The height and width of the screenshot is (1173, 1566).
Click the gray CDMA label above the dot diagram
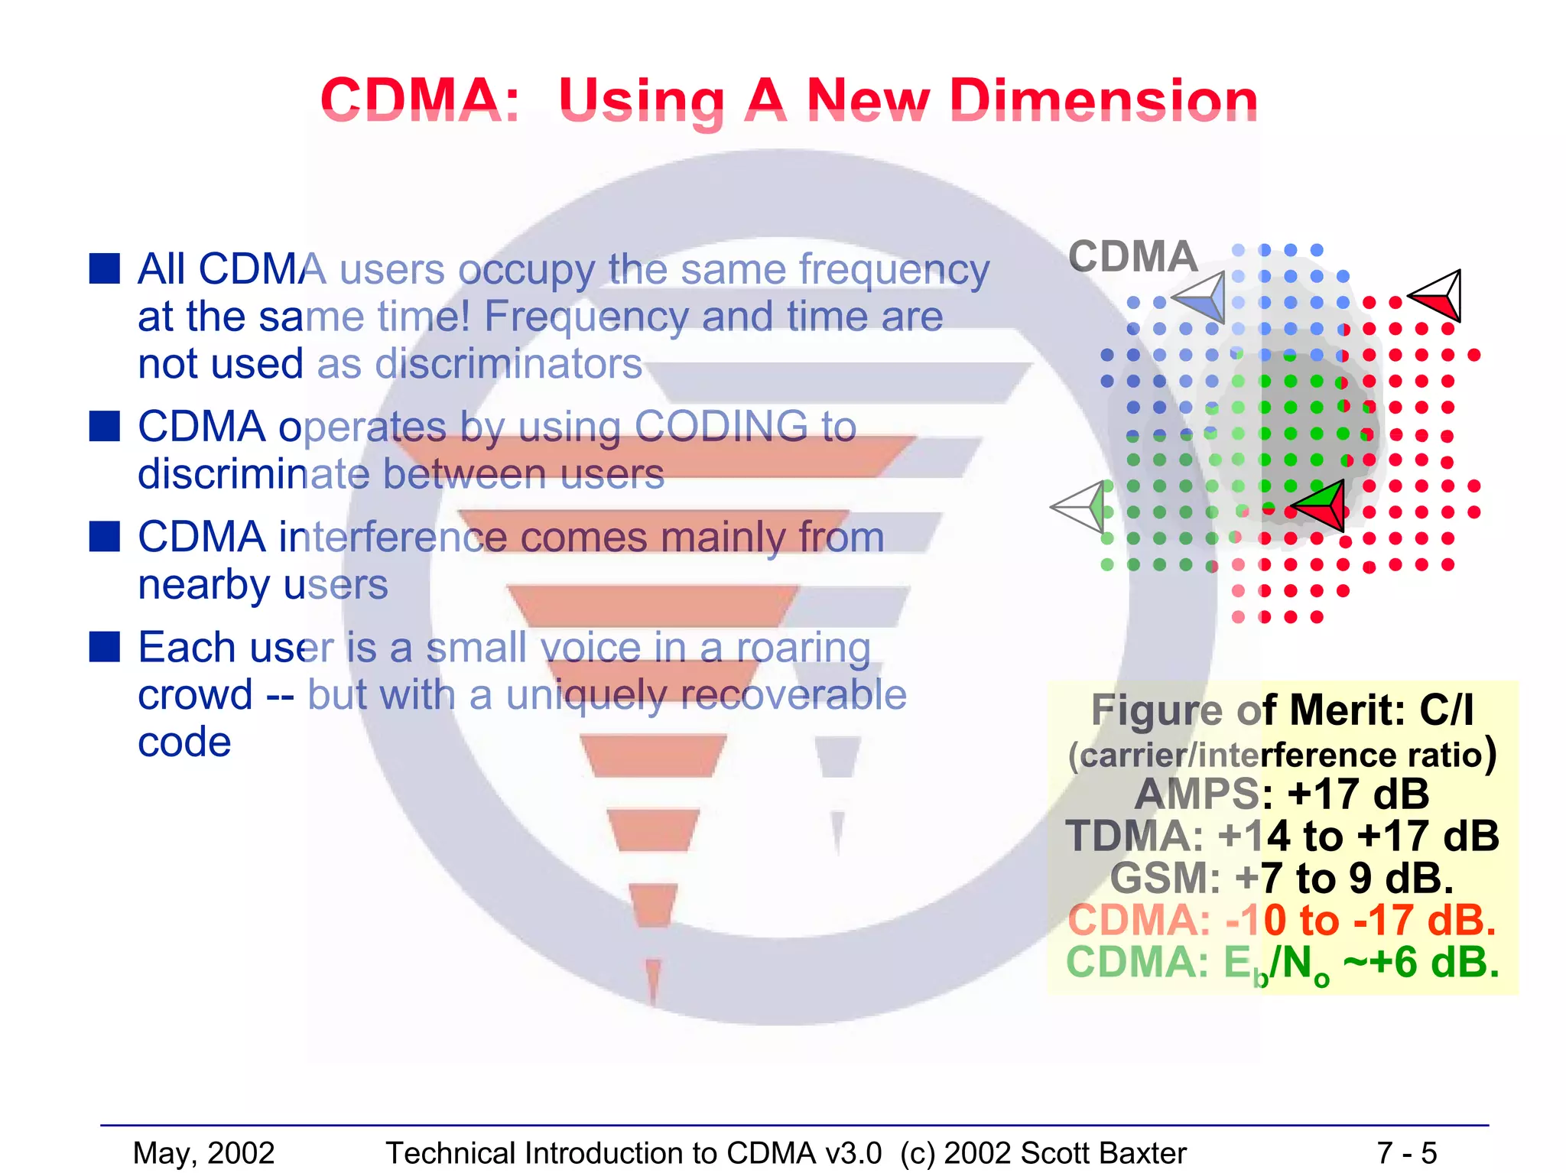point(1132,256)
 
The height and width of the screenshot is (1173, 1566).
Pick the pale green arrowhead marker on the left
point(1082,506)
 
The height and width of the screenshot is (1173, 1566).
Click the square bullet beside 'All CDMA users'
point(105,269)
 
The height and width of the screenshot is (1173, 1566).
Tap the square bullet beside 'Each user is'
point(105,647)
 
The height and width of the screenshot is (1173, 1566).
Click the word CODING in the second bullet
point(721,426)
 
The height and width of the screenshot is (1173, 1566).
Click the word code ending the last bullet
point(184,742)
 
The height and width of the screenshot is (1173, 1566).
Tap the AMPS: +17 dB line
point(1282,794)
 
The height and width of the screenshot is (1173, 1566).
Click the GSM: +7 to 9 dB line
point(1282,878)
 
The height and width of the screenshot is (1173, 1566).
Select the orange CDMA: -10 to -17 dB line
point(1282,920)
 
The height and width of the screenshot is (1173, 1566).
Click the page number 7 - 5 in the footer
point(1406,1152)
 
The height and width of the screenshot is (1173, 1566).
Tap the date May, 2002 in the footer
point(203,1152)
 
